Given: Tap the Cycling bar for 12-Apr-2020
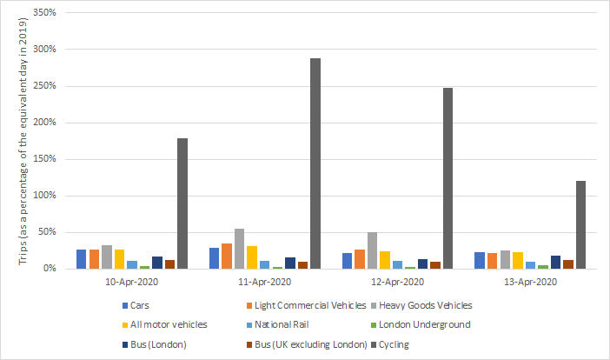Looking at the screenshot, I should click(448, 178).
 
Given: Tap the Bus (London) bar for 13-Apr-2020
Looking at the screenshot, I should click(555, 262).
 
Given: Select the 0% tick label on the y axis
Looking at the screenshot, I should click(49, 269).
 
